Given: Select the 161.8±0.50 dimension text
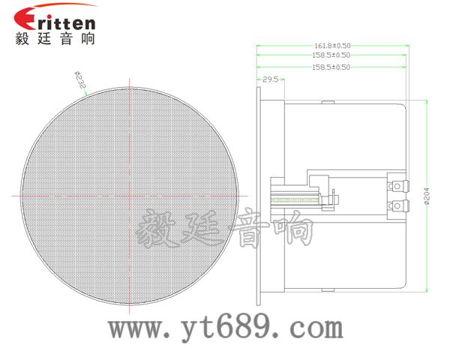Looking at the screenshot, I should click(331, 45).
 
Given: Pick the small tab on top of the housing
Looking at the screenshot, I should click(328, 102).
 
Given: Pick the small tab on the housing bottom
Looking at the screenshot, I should click(328, 290).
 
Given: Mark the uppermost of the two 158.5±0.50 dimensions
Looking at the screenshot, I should click(331, 55).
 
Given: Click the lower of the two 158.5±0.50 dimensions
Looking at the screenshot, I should click(331, 67).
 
